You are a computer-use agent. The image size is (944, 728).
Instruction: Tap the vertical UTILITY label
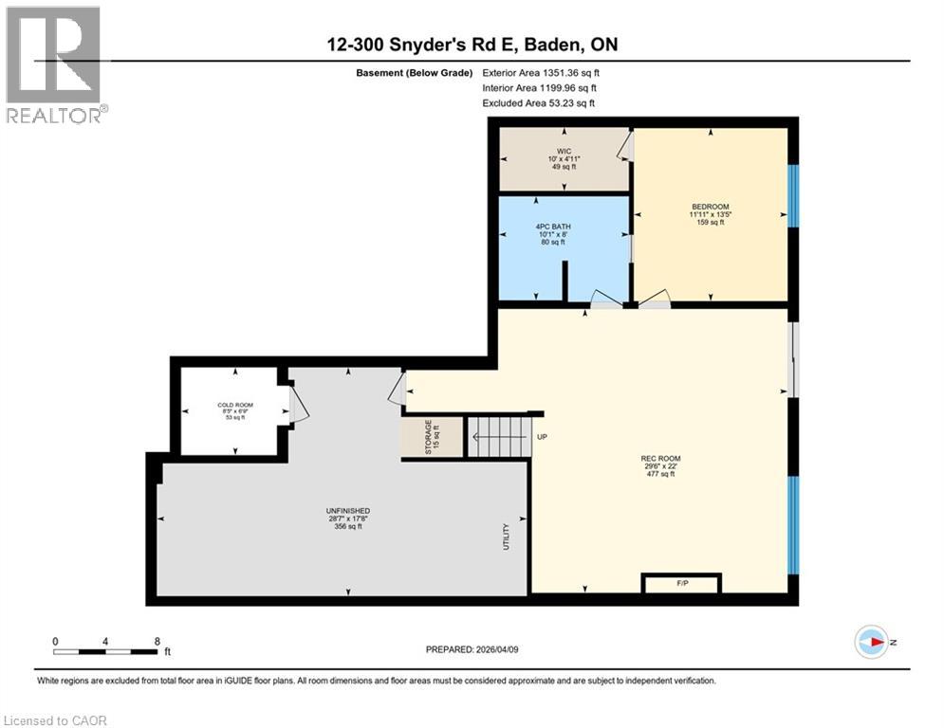click(507, 537)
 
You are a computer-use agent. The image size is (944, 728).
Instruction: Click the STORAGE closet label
click(432, 438)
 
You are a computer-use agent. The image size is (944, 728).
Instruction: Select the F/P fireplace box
click(681, 584)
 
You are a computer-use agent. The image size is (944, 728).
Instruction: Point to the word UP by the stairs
click(543, 437)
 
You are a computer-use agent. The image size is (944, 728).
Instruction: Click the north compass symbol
click(870, 642)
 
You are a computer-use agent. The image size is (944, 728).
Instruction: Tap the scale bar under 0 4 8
click(105, 651)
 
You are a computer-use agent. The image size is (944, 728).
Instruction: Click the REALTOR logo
click(53, 64)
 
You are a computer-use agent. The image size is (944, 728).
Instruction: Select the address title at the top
click(472, 45)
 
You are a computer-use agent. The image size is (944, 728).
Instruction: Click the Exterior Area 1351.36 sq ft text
click(541, 72)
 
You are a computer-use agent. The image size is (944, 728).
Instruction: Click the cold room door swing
click(298, 408)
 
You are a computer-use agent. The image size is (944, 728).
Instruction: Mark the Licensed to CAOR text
click(56, 720)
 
